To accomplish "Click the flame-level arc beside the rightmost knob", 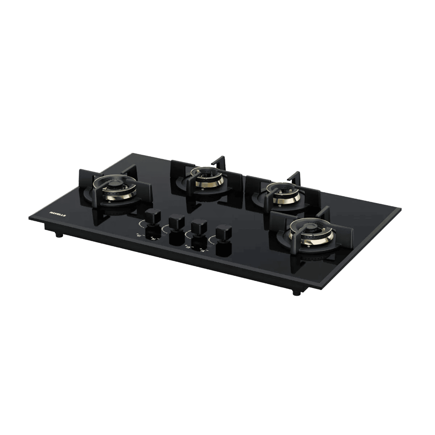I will point(212,239).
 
